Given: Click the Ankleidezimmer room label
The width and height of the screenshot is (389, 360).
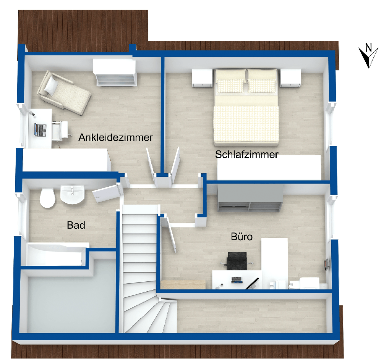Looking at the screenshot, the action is [116, 137].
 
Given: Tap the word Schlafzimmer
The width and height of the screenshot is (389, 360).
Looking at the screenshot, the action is [246, 155].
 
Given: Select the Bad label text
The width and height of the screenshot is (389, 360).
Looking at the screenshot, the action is [76, 225].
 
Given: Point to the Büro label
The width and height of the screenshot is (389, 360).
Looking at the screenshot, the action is [242, 237].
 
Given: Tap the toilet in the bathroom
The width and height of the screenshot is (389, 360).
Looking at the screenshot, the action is [47, 198].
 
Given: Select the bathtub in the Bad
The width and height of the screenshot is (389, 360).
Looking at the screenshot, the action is [55, 254].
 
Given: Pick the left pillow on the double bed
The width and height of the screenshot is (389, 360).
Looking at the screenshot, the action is [230, 86].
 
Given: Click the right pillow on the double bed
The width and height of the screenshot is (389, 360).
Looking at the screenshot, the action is [262, 86].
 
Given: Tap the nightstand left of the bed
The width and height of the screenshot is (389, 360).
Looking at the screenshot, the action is [202, 78].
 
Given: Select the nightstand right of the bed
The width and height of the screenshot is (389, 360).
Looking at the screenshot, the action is [290, 78].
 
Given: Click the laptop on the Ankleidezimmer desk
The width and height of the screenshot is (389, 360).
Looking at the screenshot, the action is [40, 130].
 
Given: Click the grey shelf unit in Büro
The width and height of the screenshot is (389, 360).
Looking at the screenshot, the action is [250, 198].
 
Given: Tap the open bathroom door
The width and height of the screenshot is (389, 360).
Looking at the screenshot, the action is [105, 193].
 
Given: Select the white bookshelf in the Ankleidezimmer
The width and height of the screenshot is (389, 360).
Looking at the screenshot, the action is [115, 73].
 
